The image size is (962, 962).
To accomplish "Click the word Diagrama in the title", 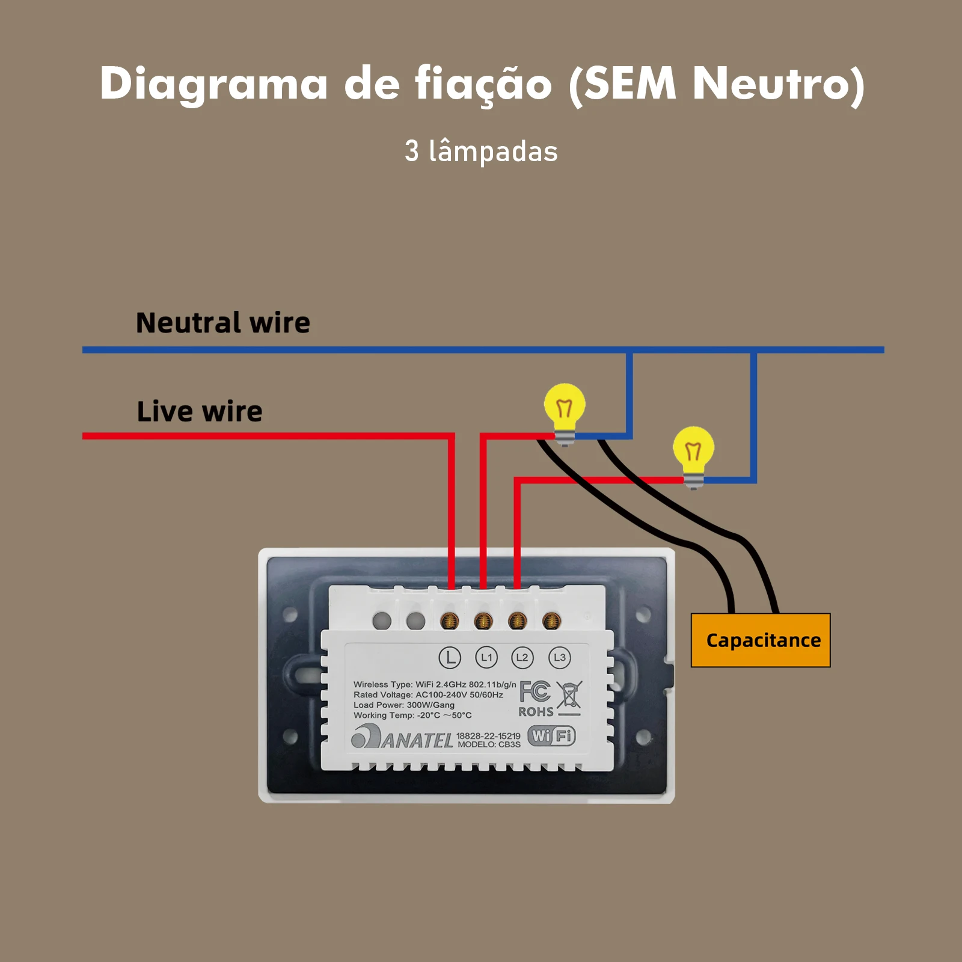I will click(213, 84).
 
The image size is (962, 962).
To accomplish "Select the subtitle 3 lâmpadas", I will click(481, 152).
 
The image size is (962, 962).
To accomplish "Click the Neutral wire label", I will click(223, 323).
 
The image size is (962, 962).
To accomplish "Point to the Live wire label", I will click(200, 412).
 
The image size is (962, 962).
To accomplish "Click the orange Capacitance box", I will click(761, 640).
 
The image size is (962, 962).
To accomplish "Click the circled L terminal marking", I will click(450, 657).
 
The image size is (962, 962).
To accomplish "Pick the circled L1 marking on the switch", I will click(486, 657).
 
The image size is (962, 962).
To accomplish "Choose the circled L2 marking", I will click(522, 657).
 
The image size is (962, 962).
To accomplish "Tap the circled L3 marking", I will click(559, 657).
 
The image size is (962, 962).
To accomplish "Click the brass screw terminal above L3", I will click(551, 620).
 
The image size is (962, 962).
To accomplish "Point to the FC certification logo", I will click(535, 691).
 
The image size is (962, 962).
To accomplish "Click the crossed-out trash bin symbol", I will click(569, 696).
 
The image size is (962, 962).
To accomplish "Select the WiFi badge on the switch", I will click(551, 735).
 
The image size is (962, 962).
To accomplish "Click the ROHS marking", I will click(536, 712).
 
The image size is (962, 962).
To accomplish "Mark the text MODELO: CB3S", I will click(489, 744).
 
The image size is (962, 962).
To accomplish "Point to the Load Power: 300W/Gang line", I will click(404, 705).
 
